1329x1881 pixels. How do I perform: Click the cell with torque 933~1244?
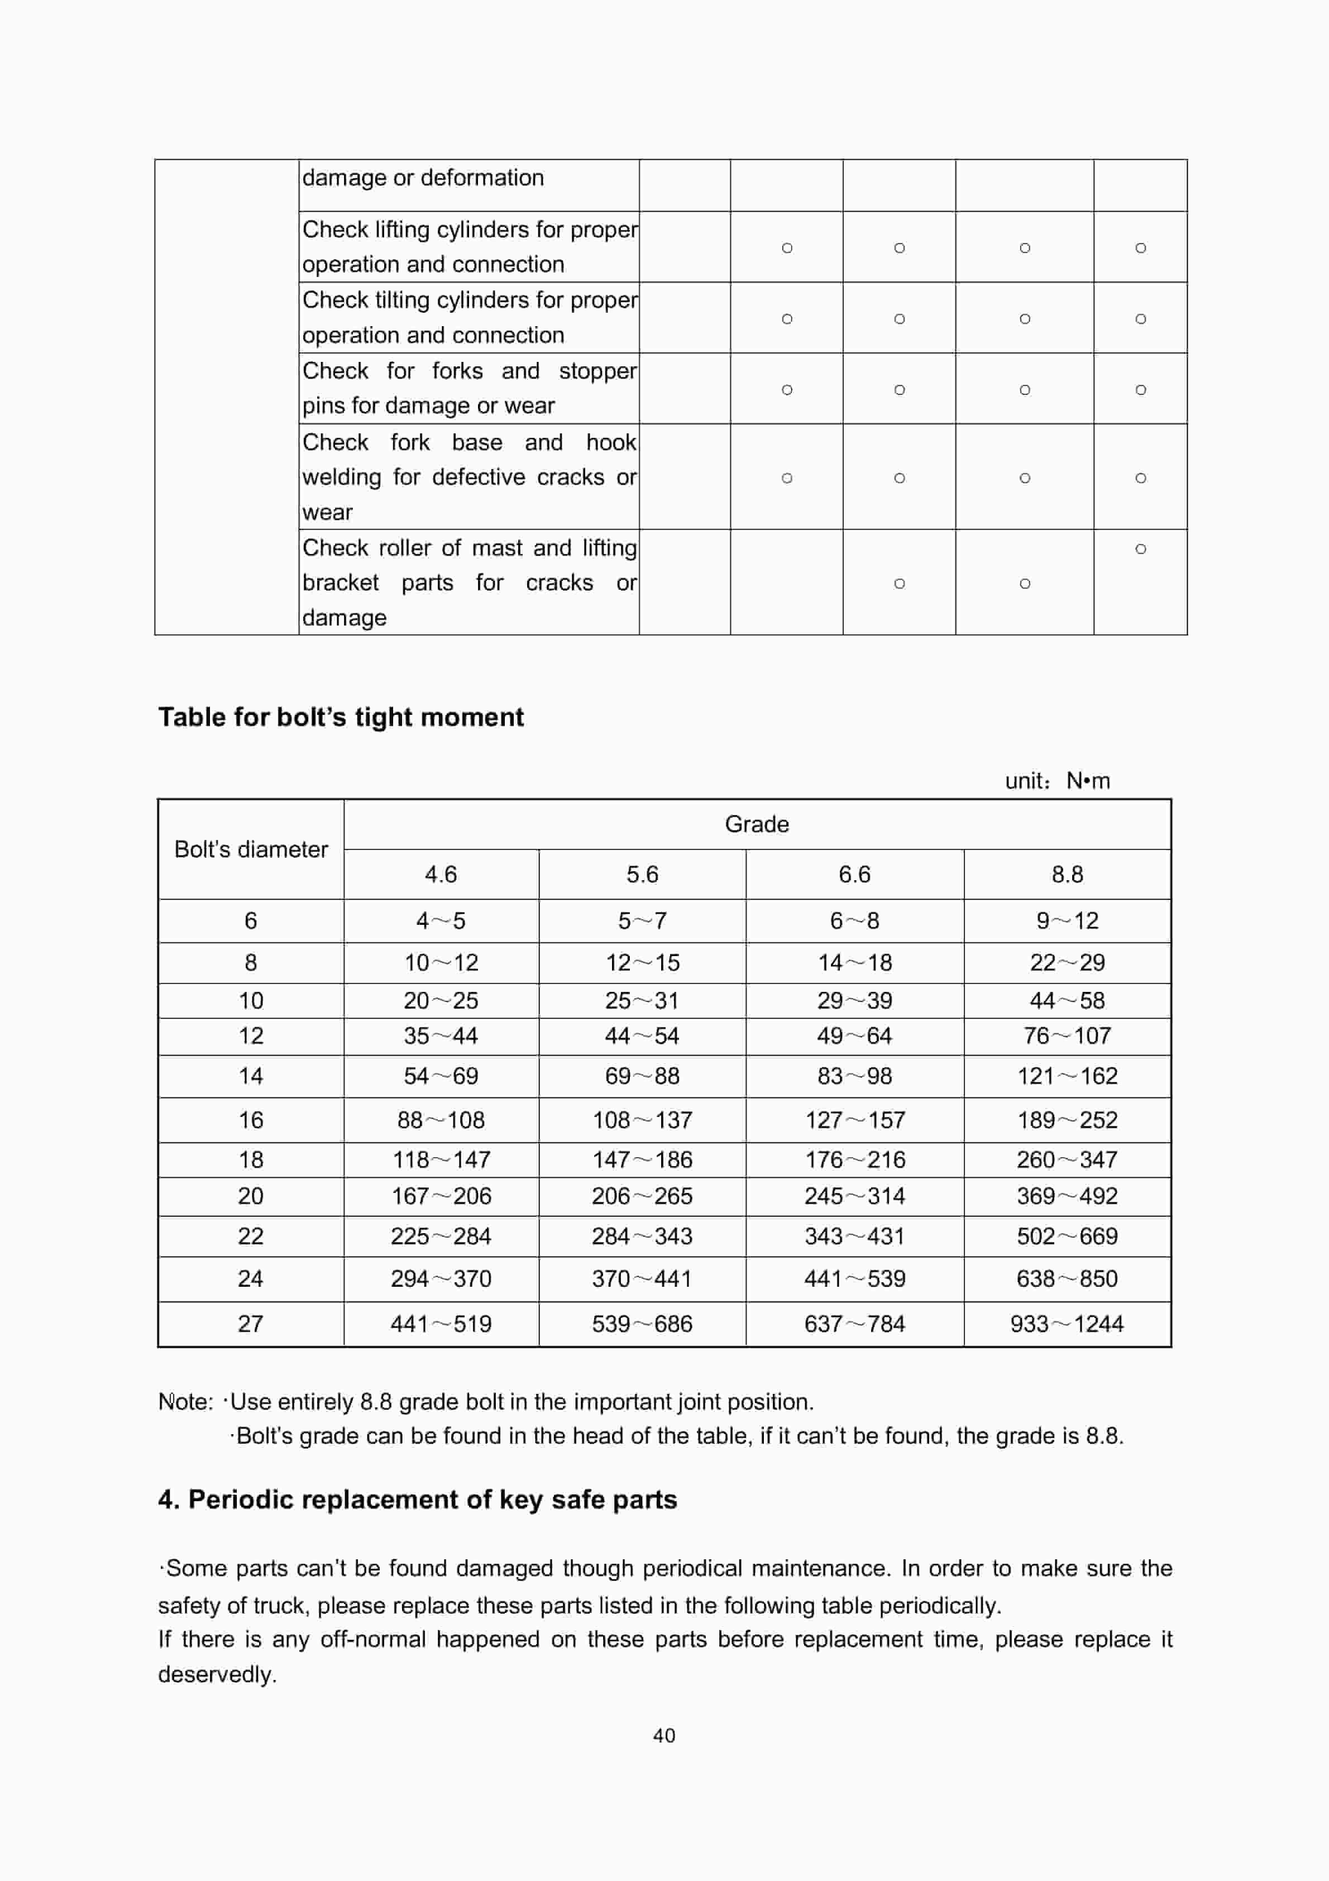1066,1324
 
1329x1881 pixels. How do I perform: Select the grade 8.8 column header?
1067,874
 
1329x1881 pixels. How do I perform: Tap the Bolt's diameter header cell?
251,849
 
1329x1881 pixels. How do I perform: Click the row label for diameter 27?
250,1324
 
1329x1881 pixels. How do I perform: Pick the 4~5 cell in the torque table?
441,921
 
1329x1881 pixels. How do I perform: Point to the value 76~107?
1066,1035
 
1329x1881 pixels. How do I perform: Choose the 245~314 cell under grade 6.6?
854,1196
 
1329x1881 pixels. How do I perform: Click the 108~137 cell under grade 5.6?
642,1120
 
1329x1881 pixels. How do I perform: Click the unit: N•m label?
1057,781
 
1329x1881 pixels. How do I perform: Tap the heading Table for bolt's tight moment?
341,717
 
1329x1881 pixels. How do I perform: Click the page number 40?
664,1735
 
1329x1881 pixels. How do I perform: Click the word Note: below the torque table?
185,1402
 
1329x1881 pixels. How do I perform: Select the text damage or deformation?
423,178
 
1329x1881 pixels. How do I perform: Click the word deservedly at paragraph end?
216,1674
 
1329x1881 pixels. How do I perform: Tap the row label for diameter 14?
250,1076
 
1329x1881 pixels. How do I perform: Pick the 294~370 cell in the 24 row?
441,1279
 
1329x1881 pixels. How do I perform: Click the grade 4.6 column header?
441,874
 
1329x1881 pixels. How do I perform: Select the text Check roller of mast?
410,547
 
